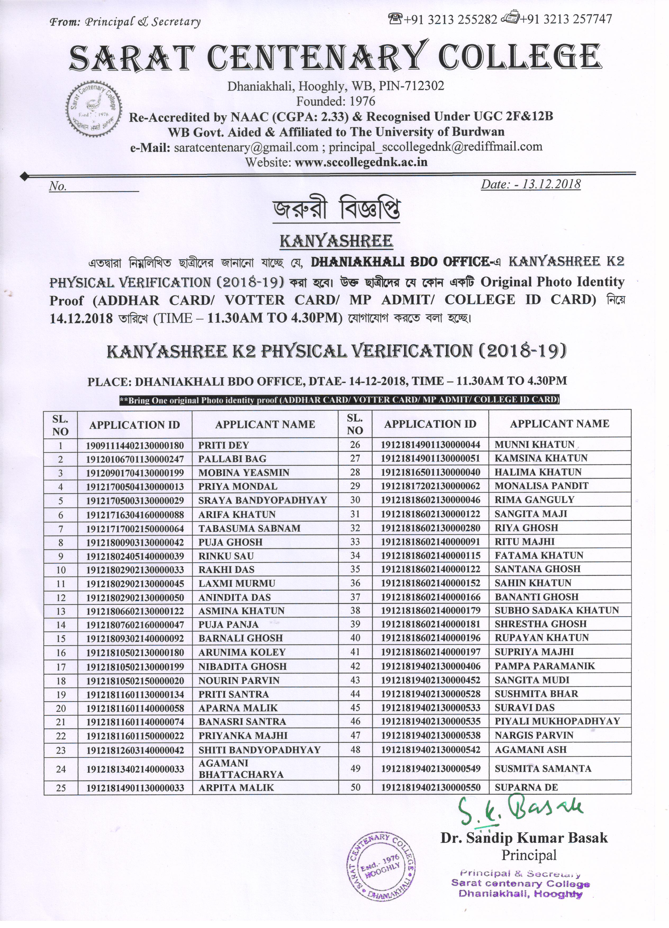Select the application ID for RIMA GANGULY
pyautogui.click(x=431, y=500)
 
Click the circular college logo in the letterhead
pyautogui.click(x=94, y=109)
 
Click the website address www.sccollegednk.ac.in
pyautogui.click(x=361, y=162)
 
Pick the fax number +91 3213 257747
pyautogui.click(x=566, y=19)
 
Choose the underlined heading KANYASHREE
pyautogui.click(x=336, y=241)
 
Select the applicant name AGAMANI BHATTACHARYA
pyautogui.click(x=241, y=769)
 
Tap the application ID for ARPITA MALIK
pyautogui.click(x=135, y=788)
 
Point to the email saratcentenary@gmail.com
pyautogui.click(x=246, y=147)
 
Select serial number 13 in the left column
pyautogui.click(x=61, y=611)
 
